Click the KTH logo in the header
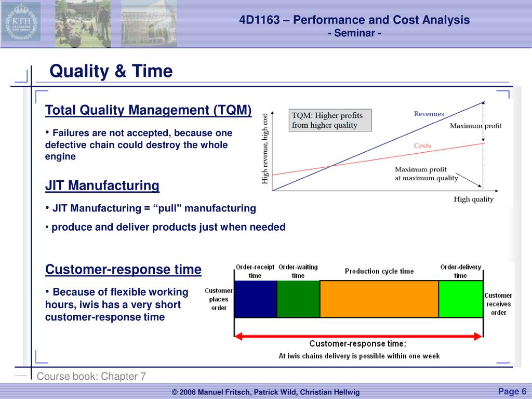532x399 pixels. coord(21,21)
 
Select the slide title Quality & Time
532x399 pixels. coord(111,71)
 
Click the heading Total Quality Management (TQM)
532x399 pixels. coord(148,110)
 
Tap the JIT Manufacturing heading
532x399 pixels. coord(102,185)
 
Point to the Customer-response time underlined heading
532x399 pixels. coord(123,270)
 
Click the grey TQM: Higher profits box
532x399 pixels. coord(330,120)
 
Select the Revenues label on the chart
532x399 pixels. coord(429,114)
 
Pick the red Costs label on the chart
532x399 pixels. coord(422,145)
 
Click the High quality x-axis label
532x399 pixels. coord(474,199)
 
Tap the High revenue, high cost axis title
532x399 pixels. coord(264,149)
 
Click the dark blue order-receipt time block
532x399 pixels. coord(256,299)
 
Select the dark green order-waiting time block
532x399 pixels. coord(299,299)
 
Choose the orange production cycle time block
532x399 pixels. coord(379,299)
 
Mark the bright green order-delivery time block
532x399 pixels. coord(461,299)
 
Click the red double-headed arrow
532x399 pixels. coord(358,336)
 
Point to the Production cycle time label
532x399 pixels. coord(379,271)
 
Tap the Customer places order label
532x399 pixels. coord(219,299)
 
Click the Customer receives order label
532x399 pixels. coord(498,304)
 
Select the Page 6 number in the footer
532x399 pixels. coord(512,391)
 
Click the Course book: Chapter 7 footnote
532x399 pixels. coord(91,376)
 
